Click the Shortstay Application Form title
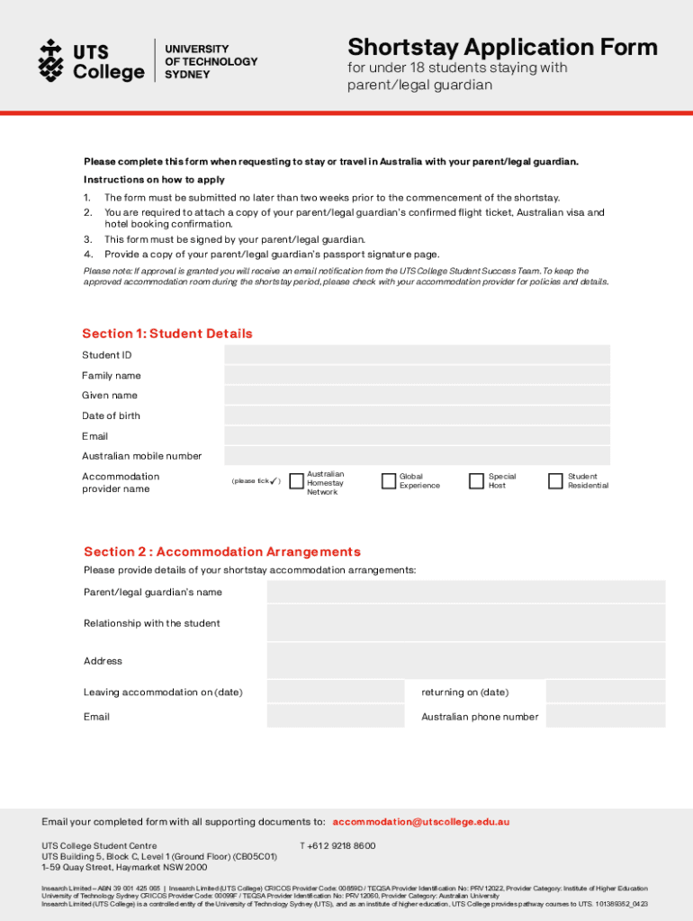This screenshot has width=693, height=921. [x=502, y=47]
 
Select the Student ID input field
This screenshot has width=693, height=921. [x=417, y=354]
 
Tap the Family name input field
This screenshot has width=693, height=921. [x=417, y=375]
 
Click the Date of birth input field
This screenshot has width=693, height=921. [x=417, y=416]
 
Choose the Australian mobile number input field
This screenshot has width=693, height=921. [x=417, y=456]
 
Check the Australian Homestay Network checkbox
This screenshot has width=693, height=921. [x=296, y=481]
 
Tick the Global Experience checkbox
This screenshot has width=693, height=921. [x=389, y=481]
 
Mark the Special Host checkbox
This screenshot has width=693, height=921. [x=476, y=481]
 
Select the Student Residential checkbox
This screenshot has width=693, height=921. [x=555, y=481]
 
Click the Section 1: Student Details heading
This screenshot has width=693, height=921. [x=167, y=334]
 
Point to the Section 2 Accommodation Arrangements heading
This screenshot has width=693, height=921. [x=222, y=551]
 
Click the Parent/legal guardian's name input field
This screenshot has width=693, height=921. [x=465, y=592]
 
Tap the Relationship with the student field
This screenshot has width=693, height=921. [x=465, y=622]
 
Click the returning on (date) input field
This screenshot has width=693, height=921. [x=605, y=692]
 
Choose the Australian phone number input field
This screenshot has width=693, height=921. [x=605, y=716]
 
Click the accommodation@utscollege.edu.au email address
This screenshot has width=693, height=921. [x=421, y=821]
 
